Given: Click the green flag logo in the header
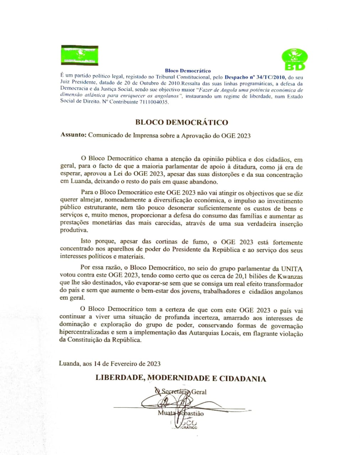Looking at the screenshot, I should [x=80, y=55].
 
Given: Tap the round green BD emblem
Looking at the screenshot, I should [x=295, y=59].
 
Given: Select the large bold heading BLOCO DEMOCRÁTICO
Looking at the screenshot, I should [x=181, y=122].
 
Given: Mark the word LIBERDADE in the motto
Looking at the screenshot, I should [x=119, y=378].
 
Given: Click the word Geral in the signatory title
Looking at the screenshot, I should [x=199, y=392].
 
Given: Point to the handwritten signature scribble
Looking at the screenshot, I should [x=167, y=403].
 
